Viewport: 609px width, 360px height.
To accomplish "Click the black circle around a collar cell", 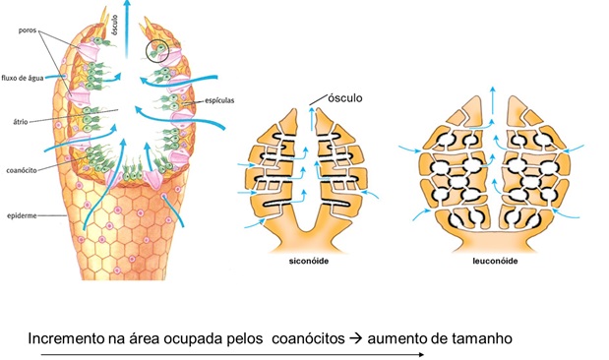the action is pos(157,48).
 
